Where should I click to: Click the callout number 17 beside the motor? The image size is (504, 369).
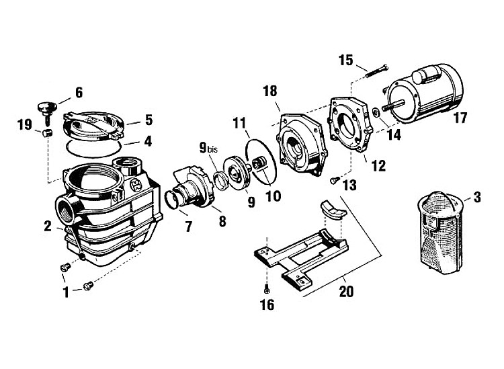click(460, 118)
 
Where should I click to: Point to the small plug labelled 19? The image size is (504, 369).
click(47, 133)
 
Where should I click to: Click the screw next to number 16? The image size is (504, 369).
click(267, 290)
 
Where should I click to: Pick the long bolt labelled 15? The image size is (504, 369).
click(377, 71)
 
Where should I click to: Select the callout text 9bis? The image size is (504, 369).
click(208, 148)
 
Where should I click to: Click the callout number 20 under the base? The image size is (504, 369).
click(346, 292)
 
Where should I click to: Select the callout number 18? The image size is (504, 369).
click(270, 91)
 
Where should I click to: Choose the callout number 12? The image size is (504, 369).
click(378, 166)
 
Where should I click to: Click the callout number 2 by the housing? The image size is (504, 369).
click(48, 227)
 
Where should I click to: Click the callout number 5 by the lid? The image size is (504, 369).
click(149, 120)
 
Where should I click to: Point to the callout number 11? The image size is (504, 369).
click(239, 123)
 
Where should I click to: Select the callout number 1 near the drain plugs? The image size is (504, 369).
click(66, 292)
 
